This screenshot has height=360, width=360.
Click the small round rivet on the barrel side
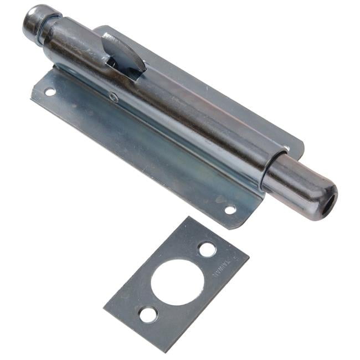[x=114, y=98]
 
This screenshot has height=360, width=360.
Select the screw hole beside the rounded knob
[x=49, y=92]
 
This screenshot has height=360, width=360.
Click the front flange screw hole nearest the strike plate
[x=230, y=209]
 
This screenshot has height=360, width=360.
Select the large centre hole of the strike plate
[x=177, y=281]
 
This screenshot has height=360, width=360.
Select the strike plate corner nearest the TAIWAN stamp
[x=248, y=256]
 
